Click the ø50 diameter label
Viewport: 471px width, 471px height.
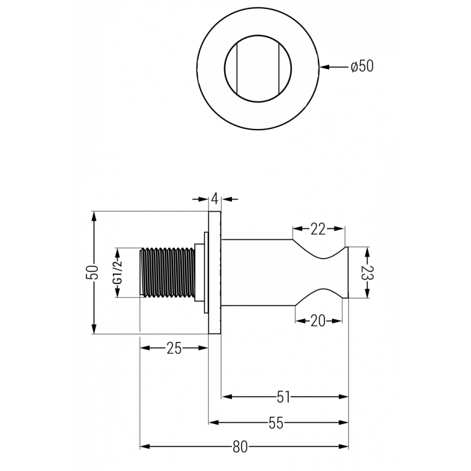point(362,66)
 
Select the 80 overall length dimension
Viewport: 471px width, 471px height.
point(240,447)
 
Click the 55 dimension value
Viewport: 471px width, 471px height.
point(276,423)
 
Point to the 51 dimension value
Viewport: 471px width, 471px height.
point(283,397)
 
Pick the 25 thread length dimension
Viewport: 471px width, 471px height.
point(174,349)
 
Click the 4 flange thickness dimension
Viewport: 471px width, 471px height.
point(214,198)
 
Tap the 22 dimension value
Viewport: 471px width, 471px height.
point(318,229)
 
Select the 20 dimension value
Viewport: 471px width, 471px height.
point(318,321)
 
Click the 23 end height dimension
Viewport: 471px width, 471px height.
point(367,273)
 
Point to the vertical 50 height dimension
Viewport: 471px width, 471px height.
point(92,273)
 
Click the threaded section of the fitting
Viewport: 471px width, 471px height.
point(167,273)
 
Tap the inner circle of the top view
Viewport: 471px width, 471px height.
point(258,68)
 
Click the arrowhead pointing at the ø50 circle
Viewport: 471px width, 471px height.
point(324,67)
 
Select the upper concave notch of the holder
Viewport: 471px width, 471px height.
point(320,248)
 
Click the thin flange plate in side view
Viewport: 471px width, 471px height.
point(215,273)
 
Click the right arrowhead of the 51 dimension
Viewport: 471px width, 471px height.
point(343,397)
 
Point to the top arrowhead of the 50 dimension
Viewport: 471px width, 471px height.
point(94,216)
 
